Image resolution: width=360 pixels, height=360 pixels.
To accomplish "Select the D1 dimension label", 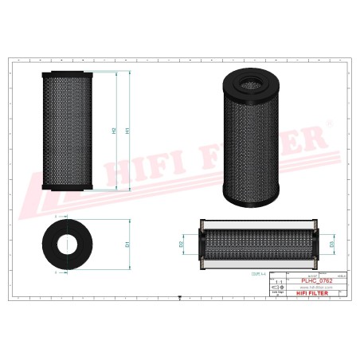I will pyautogui.click(x=128, y=244).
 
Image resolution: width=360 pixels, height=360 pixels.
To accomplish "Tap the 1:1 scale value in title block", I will pyautogui.click(x=278, y=282).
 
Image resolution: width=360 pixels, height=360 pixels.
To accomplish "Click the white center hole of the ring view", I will pyautogui.click(x=68, y=244).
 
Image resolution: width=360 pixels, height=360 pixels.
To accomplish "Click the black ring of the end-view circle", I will pyautogui.click(x=50, y=244).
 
